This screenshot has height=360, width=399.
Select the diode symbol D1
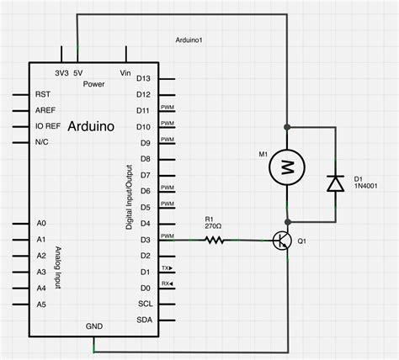click(335, 182)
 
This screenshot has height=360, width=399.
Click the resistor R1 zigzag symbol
click(215, 241)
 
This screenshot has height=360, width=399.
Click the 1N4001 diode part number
click(367, 188)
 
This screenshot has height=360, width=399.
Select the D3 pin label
click(144, 240)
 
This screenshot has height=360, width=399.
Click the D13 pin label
click(142, 78)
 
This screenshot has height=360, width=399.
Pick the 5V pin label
click(77, 73)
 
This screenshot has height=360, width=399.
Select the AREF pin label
click(45, 111)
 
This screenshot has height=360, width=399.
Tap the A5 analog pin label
click(40, 304)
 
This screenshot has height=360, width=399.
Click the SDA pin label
click(144, 320)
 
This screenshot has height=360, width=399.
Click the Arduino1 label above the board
click(194, 40)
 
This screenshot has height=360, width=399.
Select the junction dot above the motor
click(287, 128)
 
